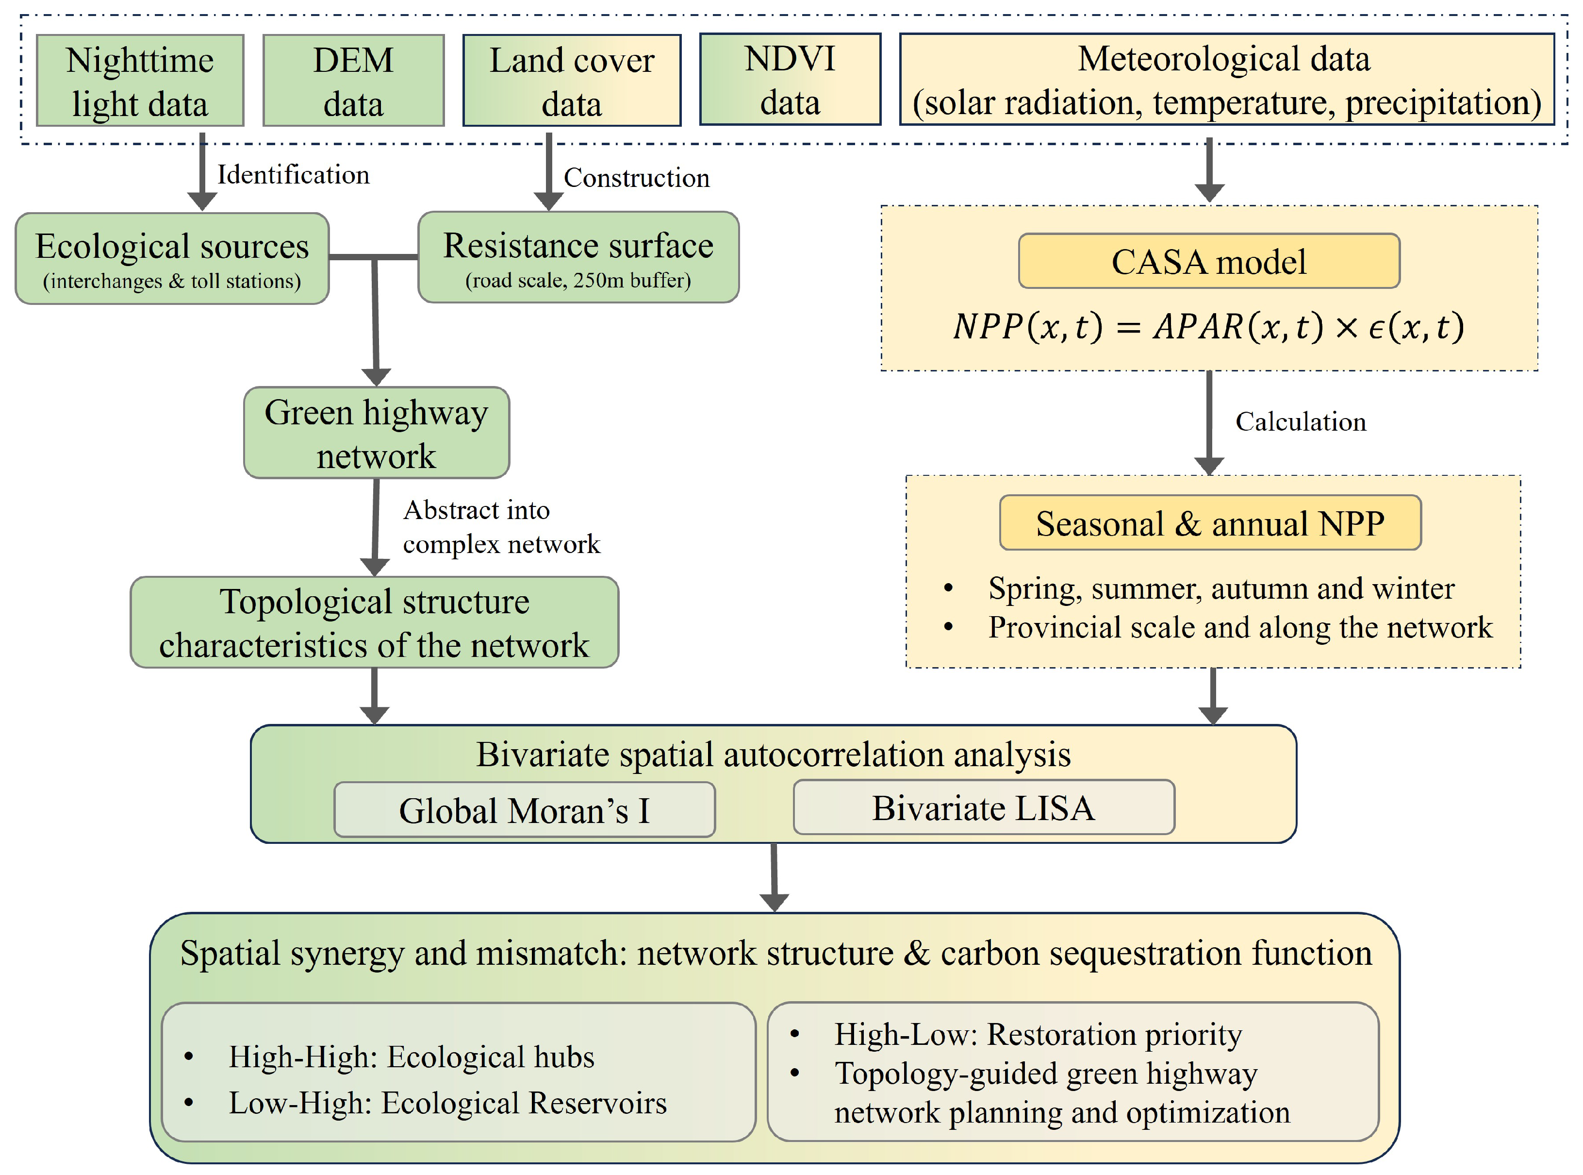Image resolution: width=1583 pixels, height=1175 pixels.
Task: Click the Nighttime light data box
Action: point(140,81)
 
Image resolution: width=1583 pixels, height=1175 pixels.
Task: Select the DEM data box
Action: point(353,81)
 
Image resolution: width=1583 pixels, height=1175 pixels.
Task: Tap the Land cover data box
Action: point(572,81)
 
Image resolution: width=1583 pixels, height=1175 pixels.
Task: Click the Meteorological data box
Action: point(1226,79)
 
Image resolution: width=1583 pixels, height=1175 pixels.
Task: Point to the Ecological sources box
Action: point(172,259)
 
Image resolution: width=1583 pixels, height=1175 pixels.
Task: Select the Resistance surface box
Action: point(578,257)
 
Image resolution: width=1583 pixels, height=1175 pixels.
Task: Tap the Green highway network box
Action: point(376,433)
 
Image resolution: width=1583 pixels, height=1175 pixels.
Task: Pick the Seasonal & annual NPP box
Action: point(1210,523)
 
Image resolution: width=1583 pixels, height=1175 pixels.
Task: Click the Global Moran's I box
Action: point(525,809)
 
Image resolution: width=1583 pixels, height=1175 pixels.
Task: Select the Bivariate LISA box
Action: point(984,807)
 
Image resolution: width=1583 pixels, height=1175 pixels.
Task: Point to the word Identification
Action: point(293,174)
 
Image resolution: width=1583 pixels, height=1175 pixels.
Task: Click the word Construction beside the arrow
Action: point(636,177)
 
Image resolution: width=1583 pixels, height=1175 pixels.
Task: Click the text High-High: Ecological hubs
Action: point(411,1057)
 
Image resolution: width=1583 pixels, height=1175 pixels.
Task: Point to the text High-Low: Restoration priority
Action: point(1038,1034)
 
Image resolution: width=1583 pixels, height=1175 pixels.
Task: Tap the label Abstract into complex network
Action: point(501,527)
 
